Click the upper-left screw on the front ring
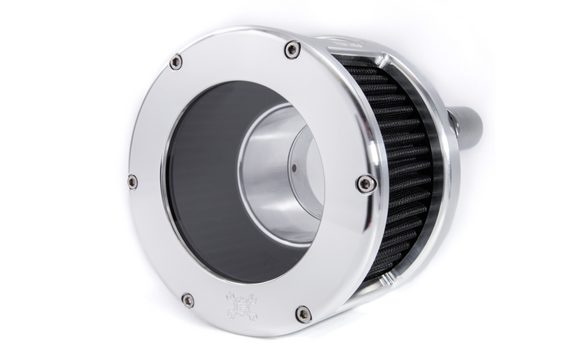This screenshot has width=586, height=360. [x=176, y=62]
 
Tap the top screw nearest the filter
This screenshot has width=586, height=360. [x=292, y=50]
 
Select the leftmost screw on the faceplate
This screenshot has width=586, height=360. [x=133, y=182]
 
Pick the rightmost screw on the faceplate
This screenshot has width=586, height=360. [x=366, y=183]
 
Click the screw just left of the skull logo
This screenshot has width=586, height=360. [x=187, y=299]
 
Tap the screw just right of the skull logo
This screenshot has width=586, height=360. [x=303, y=314]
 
